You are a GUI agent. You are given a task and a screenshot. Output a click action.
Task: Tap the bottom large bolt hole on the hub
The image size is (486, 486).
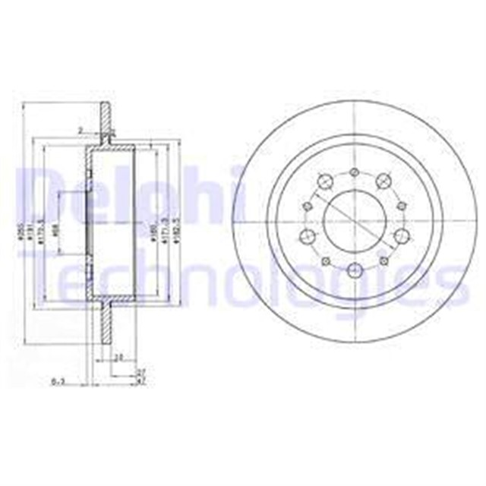(354, 270)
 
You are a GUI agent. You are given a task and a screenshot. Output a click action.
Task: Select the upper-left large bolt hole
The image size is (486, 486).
(324, 181)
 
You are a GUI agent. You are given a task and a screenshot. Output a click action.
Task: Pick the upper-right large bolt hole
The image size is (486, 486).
(383, 181)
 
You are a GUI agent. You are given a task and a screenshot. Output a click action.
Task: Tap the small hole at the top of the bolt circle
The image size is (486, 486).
(354, 172)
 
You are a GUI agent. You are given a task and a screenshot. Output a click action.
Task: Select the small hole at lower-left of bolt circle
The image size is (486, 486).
(326, 260)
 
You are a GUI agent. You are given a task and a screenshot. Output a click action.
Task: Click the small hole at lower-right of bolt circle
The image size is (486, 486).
(383, 260)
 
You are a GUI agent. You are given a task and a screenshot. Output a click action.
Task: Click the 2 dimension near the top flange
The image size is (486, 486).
(78, 131)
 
